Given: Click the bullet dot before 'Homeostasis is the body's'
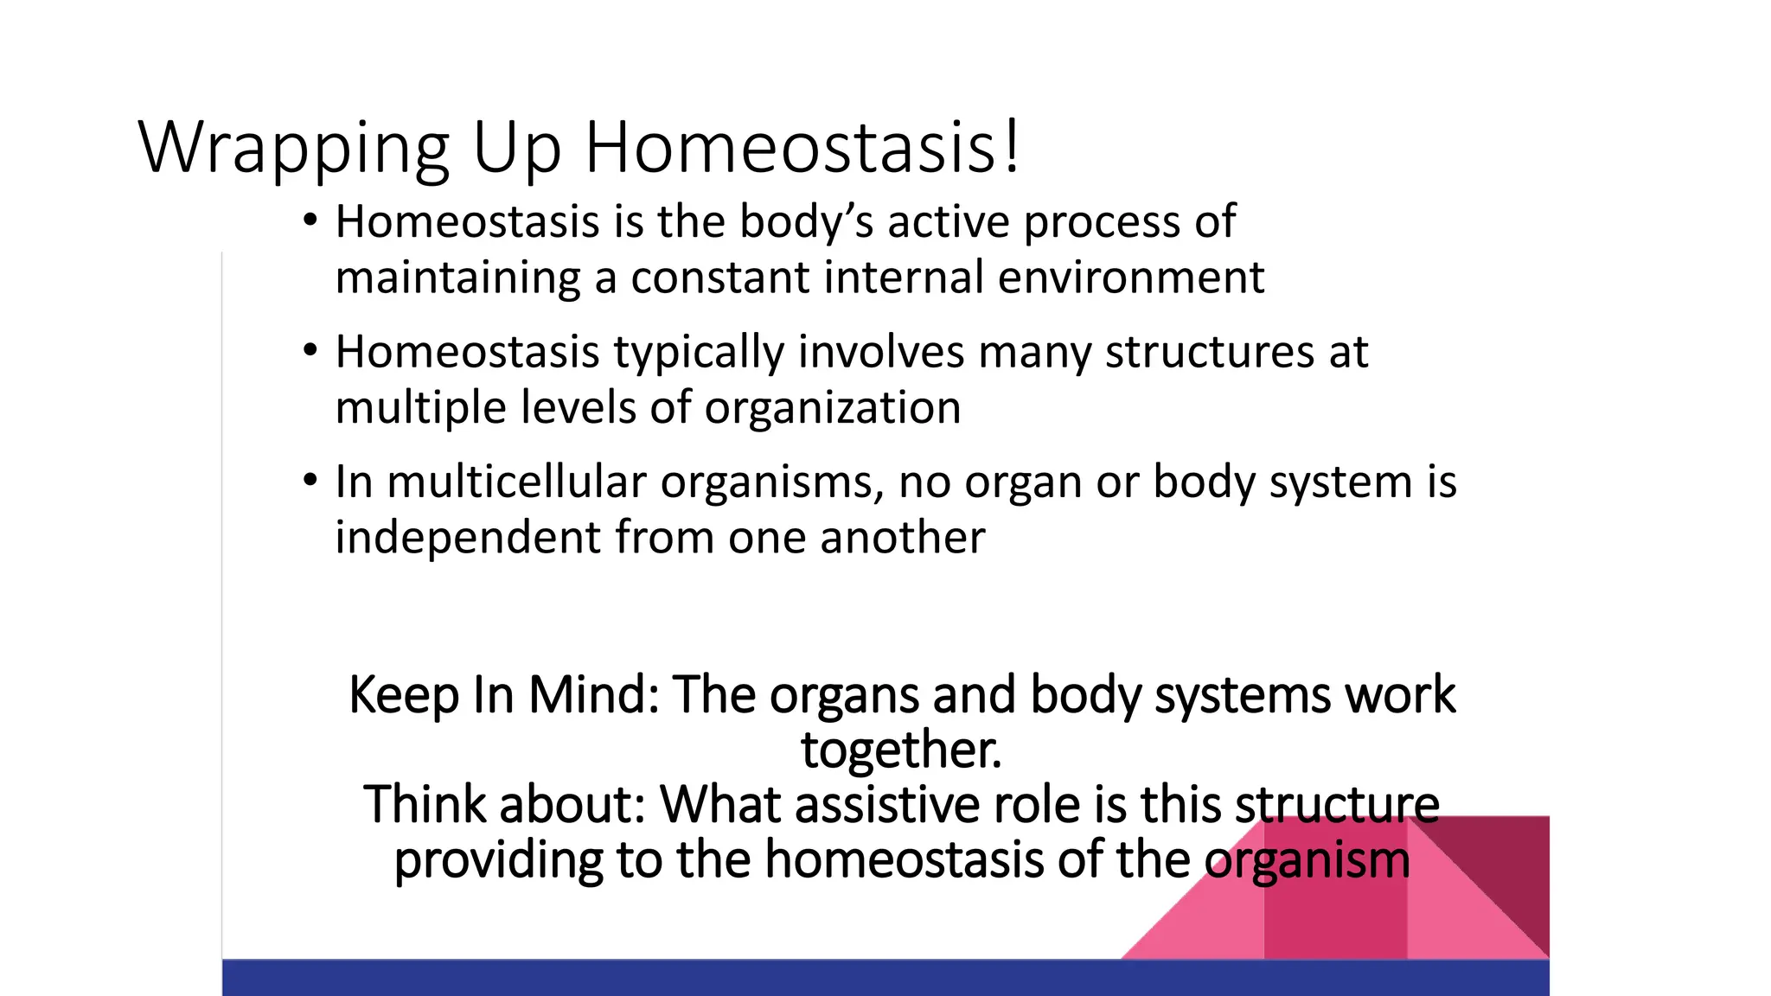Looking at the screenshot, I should (x=310, y=221).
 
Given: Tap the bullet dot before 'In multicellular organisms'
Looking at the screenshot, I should (x=310, y=482).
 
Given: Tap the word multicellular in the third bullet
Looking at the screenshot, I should (x=516, y=482).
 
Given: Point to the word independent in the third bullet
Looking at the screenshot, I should (x=467, y=538).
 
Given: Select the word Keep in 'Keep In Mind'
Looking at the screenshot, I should (x=403, y=696).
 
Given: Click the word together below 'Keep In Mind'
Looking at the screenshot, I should (x=900, y=750).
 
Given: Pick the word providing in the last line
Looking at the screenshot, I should (x=497, y=861).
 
